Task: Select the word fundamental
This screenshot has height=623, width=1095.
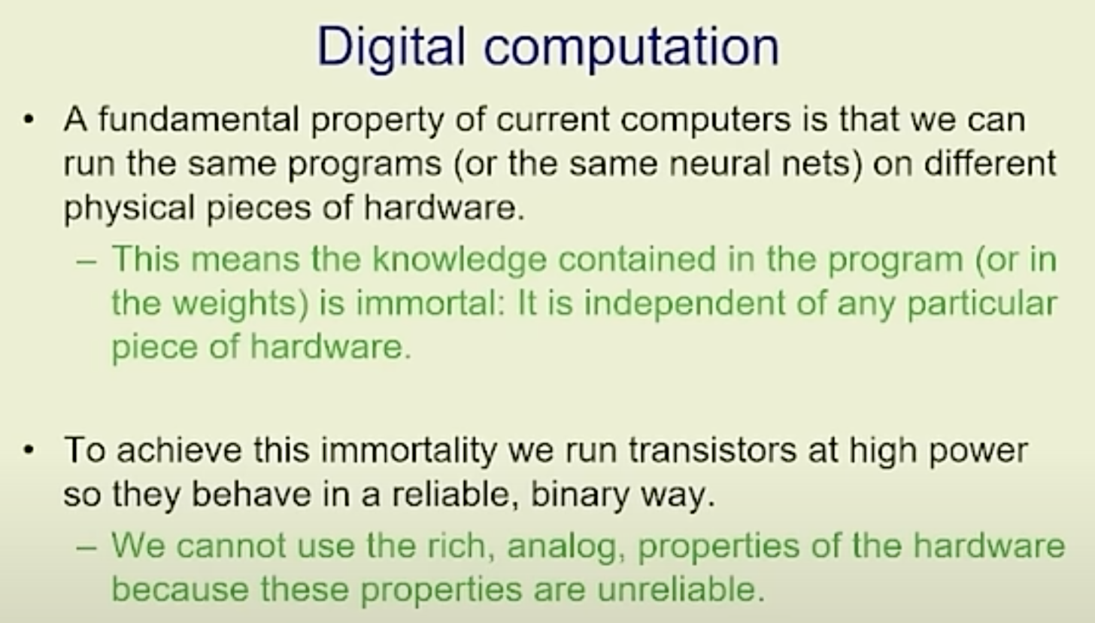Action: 199,119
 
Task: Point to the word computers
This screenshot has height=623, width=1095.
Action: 643,120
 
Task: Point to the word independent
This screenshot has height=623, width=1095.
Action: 684,304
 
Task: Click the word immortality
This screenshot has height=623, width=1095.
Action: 408,451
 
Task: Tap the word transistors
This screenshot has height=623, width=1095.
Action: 712,450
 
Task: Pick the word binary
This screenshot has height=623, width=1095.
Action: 579,495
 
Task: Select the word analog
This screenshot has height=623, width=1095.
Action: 566,547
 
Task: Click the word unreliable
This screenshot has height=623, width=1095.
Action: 681,589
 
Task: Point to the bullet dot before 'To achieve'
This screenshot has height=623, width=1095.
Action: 29,450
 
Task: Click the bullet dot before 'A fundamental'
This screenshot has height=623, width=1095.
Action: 29,120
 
